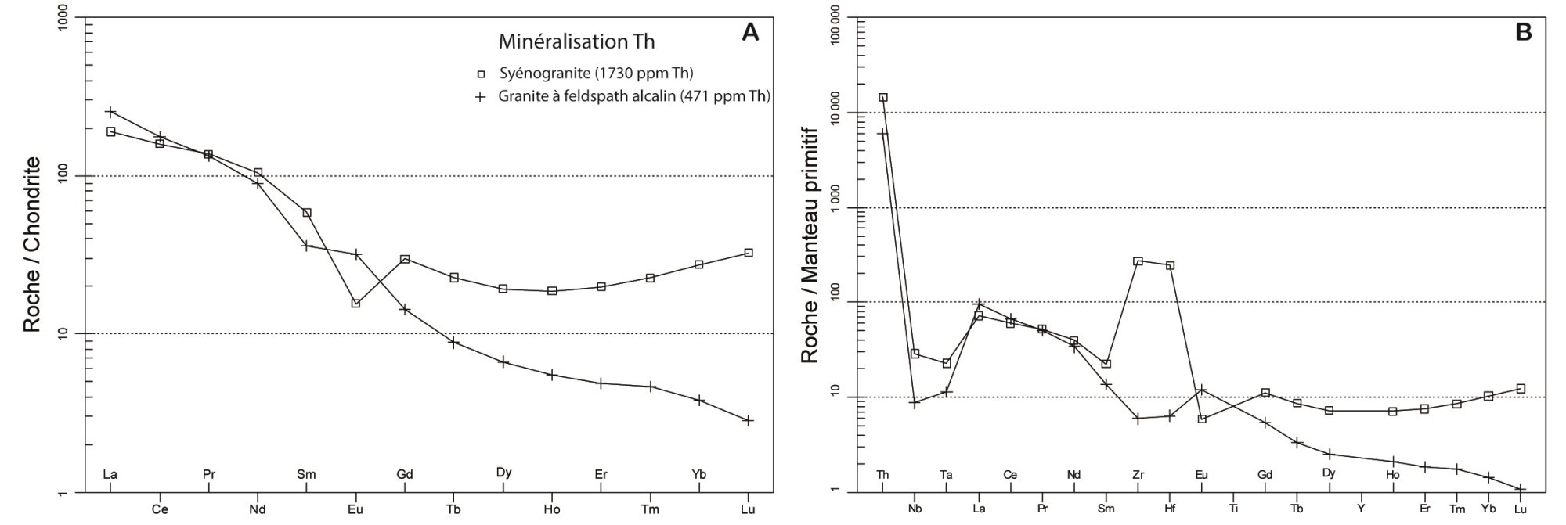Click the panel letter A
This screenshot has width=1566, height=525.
tap(750, 33)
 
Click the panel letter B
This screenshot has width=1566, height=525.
tap(1523, 33)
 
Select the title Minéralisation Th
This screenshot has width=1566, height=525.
tap(576, 41)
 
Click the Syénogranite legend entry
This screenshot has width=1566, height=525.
tap(596, 74)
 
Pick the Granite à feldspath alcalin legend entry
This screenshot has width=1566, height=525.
tap(633, 96)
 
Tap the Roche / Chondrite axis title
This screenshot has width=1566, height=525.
tap(31, 244)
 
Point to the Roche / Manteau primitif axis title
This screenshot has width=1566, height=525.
tap(809, 244)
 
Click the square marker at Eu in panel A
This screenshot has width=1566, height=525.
tap(355, 303)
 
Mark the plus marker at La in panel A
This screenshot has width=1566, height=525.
tap(111, 112)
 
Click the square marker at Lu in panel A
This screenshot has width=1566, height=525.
tap(749, 253)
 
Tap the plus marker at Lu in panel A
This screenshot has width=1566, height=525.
tap(749, 420)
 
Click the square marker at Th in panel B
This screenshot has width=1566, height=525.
tap(883, 98)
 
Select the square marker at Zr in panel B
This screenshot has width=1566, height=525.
tap(1138, 261)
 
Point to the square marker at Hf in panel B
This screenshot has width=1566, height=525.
tap(1170, 266)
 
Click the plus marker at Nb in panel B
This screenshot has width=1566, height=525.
tap(914, 403)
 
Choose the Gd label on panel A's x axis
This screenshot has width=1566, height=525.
tap(405, 474)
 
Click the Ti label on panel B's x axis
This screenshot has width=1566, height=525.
tap(1234, 509)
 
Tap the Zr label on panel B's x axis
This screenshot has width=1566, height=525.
tap(1138, 475)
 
